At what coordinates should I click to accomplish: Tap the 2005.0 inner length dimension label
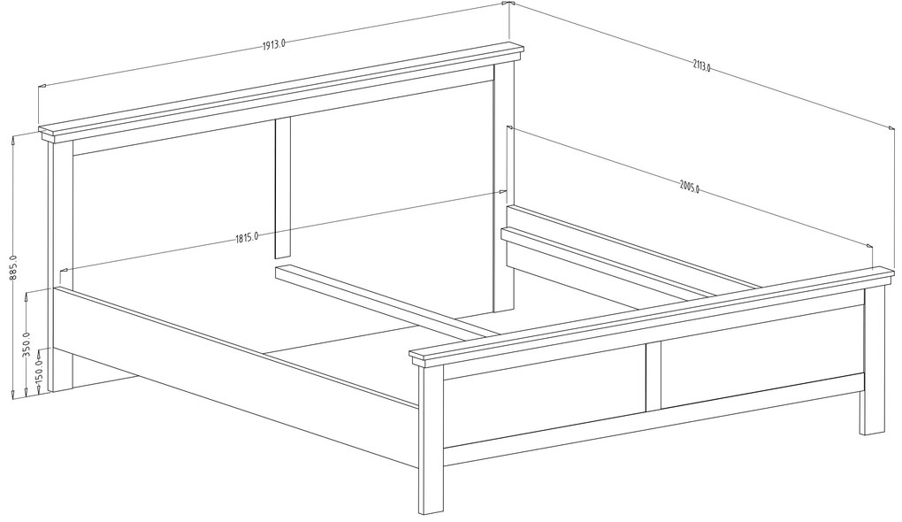click(689, 187)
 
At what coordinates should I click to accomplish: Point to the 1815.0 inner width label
click(246, 237)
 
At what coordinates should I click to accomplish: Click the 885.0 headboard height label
click(13, 267)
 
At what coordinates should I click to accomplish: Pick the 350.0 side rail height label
click(27, 343)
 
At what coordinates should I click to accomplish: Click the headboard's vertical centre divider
click(282, 187)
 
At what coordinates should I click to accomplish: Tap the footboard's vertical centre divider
click(654, 377)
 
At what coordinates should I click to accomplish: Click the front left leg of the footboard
click(431, 439)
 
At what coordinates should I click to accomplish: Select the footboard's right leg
click(873, 360)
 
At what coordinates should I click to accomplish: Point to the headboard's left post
click(60, 265)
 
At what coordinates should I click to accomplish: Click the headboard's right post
click(504, 184)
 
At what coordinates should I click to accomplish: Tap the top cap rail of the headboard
click(282, 92)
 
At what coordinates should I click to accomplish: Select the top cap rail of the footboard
click(653, 316)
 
